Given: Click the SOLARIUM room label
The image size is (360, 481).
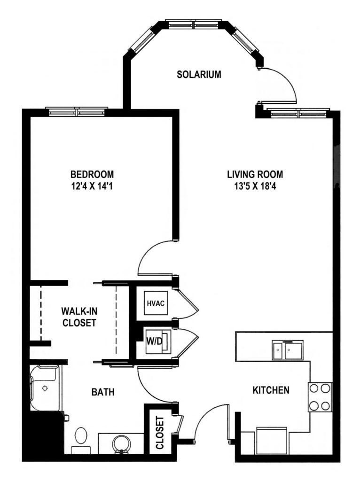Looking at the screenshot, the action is click(199, 75).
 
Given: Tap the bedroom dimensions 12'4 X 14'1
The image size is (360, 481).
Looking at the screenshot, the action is click(92, 186).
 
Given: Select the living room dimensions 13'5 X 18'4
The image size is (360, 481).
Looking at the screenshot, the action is click(255, 186).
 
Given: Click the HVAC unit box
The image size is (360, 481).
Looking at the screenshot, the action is click(156, 303).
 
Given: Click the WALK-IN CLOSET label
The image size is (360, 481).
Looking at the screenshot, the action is click(79, 317).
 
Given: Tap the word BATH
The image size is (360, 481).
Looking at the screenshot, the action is click(103, 392).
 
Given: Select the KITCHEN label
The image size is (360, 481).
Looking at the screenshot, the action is click(271, 390).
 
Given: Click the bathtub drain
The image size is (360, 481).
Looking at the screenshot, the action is click(45, 388).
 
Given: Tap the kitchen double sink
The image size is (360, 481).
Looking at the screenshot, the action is click(288, 349).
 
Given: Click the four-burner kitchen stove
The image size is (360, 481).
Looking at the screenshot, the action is click(320, 397).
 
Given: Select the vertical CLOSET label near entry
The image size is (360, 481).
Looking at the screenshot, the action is click(160, 433).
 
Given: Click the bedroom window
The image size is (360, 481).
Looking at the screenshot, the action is click(77, 111).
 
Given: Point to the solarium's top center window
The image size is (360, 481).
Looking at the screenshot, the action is click(194, 24).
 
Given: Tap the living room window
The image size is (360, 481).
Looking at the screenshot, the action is click(298, 113).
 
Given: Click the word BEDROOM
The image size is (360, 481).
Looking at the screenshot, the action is click(92, 175).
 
